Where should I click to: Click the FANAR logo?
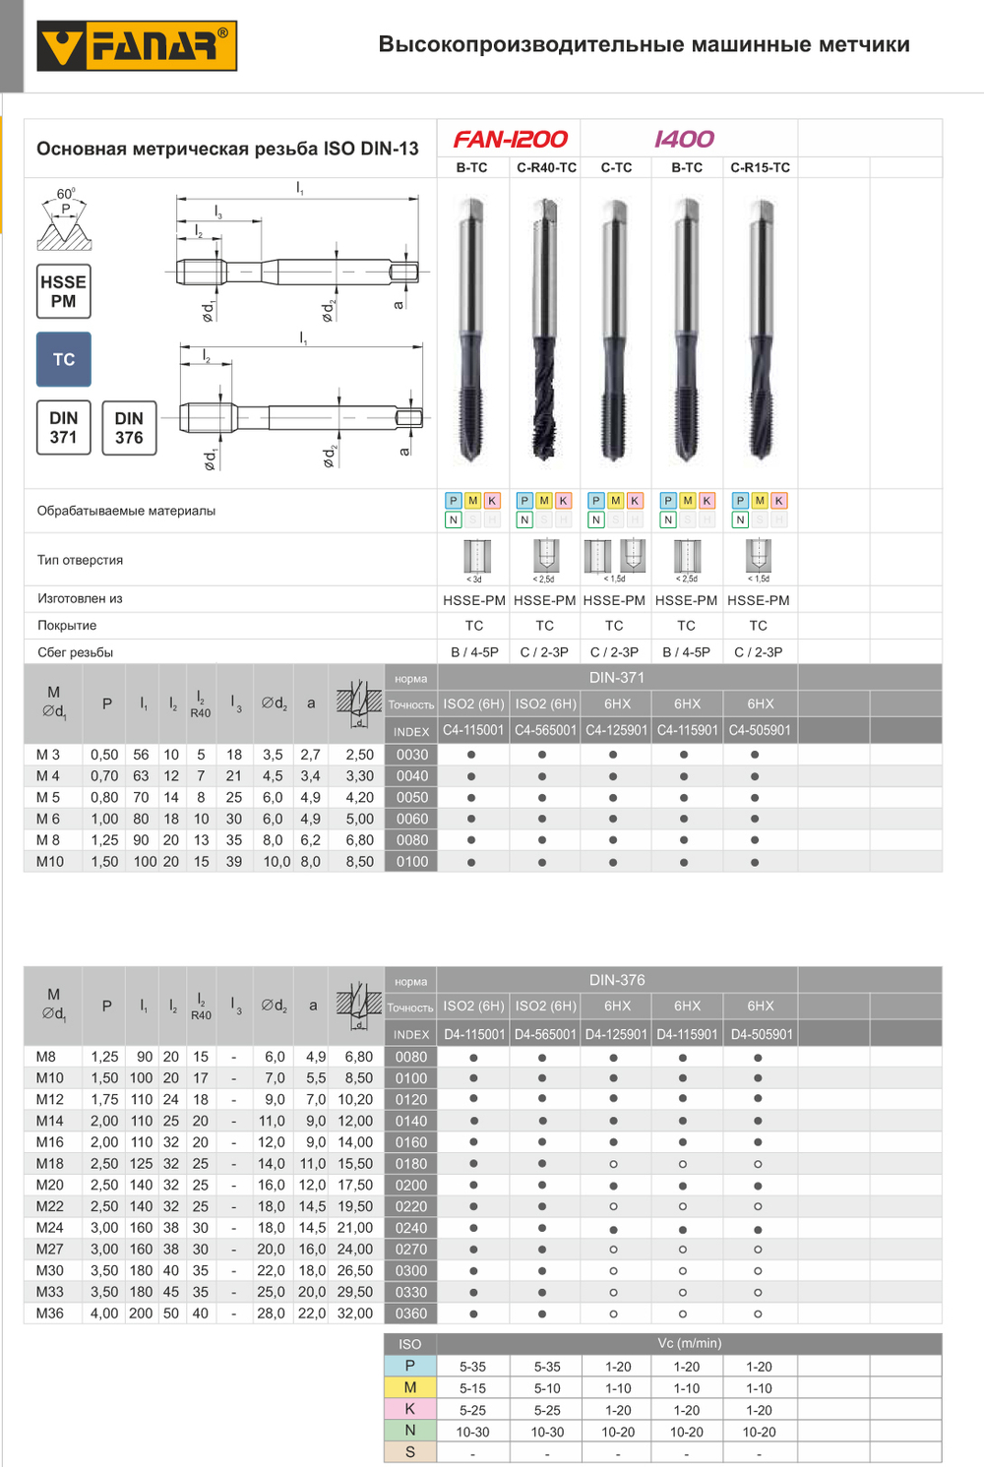(137, 46)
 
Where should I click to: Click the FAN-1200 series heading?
(510, 140)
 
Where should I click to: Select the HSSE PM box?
(64, 291)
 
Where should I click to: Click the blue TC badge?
(64, 359)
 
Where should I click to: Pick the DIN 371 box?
(64, 427)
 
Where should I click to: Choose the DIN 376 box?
(129, 427)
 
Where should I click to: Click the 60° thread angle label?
(65, 194)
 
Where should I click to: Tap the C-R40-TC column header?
(546, 167)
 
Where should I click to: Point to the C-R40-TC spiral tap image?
(545, 330)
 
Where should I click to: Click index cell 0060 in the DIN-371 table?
(412, 819)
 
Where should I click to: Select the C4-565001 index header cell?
(545, 730)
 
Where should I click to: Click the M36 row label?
(49, 1314)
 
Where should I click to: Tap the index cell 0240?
(411, 1228)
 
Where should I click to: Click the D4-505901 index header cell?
(761, 1034)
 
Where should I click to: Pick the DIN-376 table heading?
(617, 980)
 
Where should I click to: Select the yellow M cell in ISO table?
(410, 1387)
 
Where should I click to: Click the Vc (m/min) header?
(689, 1343)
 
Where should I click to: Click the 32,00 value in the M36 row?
(355, 1314)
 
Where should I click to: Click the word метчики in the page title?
(863, 44)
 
